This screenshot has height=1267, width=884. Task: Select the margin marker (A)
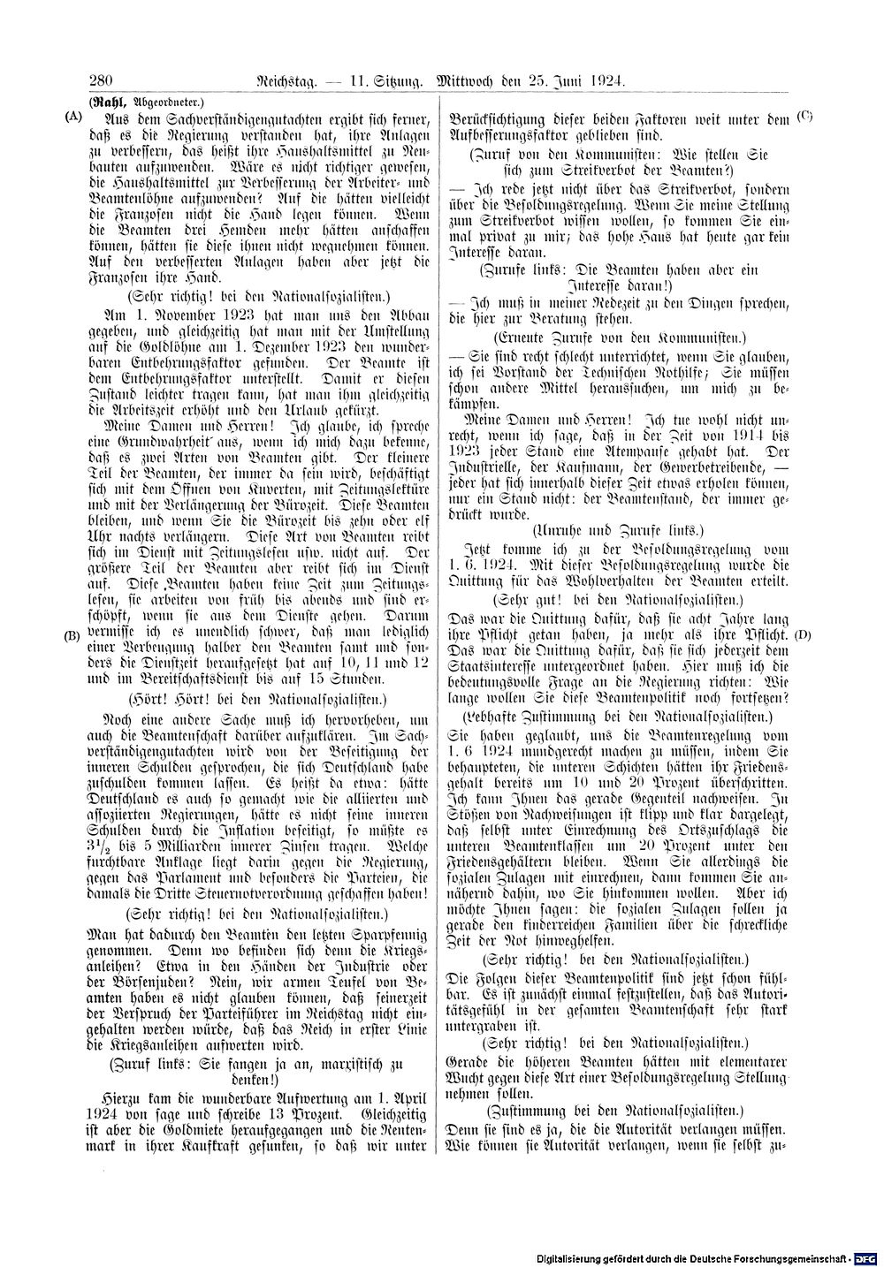73,115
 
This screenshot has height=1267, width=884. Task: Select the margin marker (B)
73,634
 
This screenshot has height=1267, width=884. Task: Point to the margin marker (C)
804,115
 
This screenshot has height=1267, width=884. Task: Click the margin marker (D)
803,634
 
